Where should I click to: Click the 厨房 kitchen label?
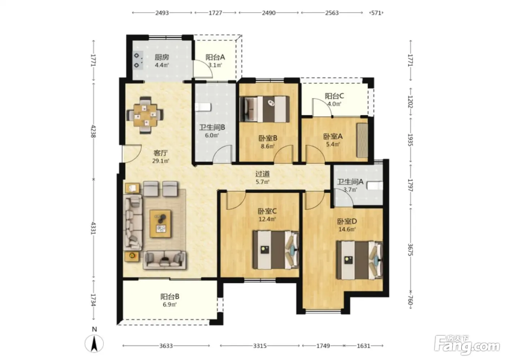[x=162, y=57]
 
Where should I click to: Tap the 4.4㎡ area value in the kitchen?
[x=162, y=65]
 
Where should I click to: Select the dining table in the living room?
[x=145, y=115]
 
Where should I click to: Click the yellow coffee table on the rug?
[x=160, y=224]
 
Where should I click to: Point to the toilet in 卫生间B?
[x=203, y=107]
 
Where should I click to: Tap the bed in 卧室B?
[x=265, y=109]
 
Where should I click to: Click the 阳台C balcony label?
[x=334, y=96]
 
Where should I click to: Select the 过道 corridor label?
[x=262, y=174]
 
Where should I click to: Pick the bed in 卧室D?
[x=359, y=260]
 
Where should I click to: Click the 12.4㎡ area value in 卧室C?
[x=267, y=219]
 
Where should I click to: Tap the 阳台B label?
[x=170, y=296]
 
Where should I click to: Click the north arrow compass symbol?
[x=94, y=343]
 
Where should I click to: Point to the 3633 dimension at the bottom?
[x=166, y=346]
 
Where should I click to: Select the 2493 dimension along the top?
[x=162, y=13]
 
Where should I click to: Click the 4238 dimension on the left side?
[x=93, y=131]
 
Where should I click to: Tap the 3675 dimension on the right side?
[x=410, y=249]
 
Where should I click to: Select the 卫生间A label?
[x=350, y=181]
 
